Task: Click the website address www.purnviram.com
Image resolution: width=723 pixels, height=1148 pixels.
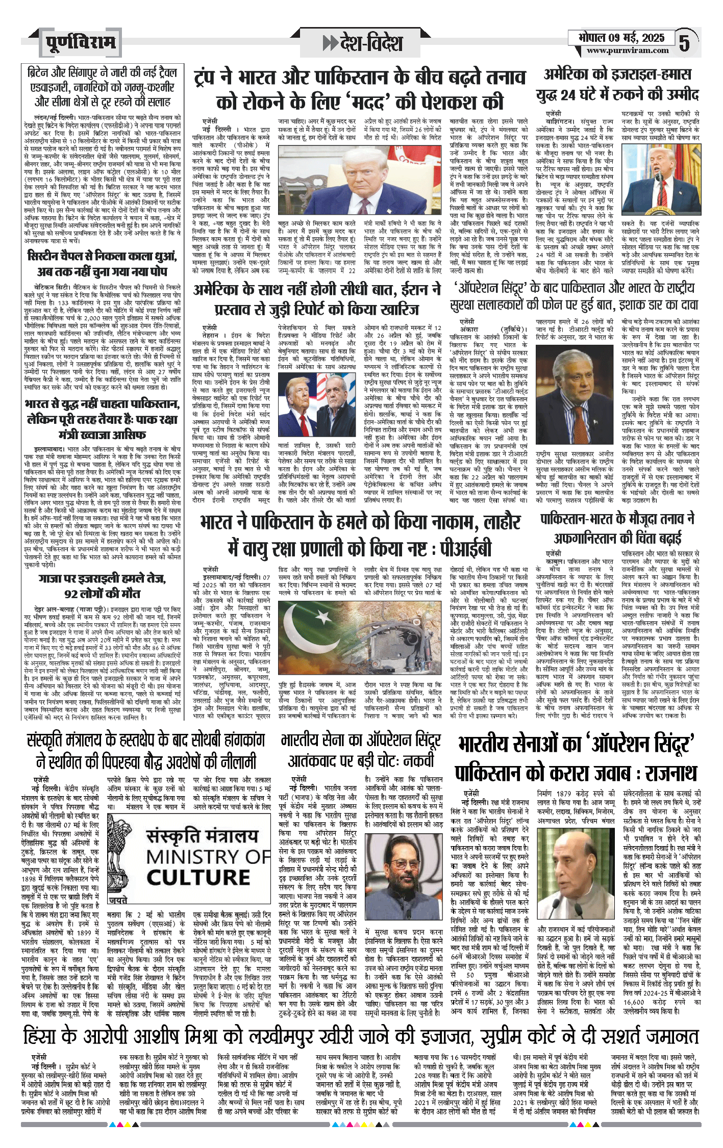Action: coord(627,50)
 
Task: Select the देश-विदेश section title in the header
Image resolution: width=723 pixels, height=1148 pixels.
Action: coord(364,43)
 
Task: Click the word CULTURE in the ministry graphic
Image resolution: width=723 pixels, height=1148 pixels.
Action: coord(198,878)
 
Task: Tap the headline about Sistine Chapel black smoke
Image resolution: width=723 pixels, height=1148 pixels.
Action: coord(102,263)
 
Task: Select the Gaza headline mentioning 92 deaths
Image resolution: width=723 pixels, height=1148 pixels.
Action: coord(102,586)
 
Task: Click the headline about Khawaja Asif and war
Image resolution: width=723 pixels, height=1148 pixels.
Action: coord(102,419)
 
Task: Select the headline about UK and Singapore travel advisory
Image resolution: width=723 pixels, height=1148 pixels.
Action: coord(102,87)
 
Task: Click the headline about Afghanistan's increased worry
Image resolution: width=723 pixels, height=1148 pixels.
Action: coord(617,528)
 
